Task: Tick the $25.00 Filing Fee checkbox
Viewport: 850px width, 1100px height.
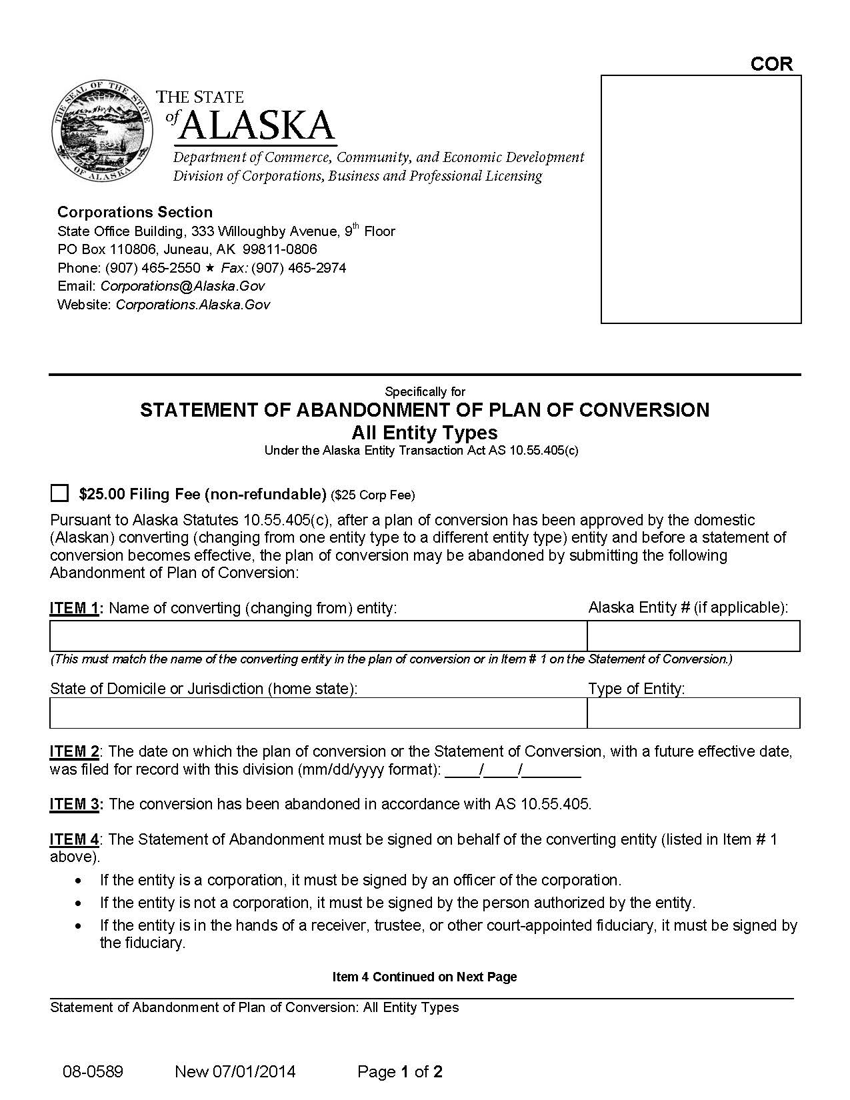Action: [59, 493]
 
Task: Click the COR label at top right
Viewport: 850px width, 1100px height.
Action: [771, 64]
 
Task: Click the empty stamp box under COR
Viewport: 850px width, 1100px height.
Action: [701, 199]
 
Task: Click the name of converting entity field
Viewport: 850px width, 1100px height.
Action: [318, 635]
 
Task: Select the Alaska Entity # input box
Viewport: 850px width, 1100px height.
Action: [693, 635]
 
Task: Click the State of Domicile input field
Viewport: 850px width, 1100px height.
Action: [318, 713]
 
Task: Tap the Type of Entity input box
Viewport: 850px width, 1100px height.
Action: [693, 713]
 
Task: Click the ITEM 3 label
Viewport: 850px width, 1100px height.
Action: [75, 804]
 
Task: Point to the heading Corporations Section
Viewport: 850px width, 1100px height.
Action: [135, 212]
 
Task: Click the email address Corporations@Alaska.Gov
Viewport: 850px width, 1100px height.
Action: [183, 286]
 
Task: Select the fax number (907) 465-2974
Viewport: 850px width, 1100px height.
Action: [298, 268]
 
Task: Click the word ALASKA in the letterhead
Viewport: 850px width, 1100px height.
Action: [257, 125]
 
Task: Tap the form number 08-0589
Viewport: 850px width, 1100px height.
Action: [93, 1072]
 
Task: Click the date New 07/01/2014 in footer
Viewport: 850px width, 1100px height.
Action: [235, 1072]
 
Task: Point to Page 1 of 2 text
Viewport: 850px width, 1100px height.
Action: [400, 1072]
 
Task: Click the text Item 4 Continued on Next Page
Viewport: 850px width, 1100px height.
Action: [425, 977]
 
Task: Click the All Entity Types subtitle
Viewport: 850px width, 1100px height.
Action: [425, 433]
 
